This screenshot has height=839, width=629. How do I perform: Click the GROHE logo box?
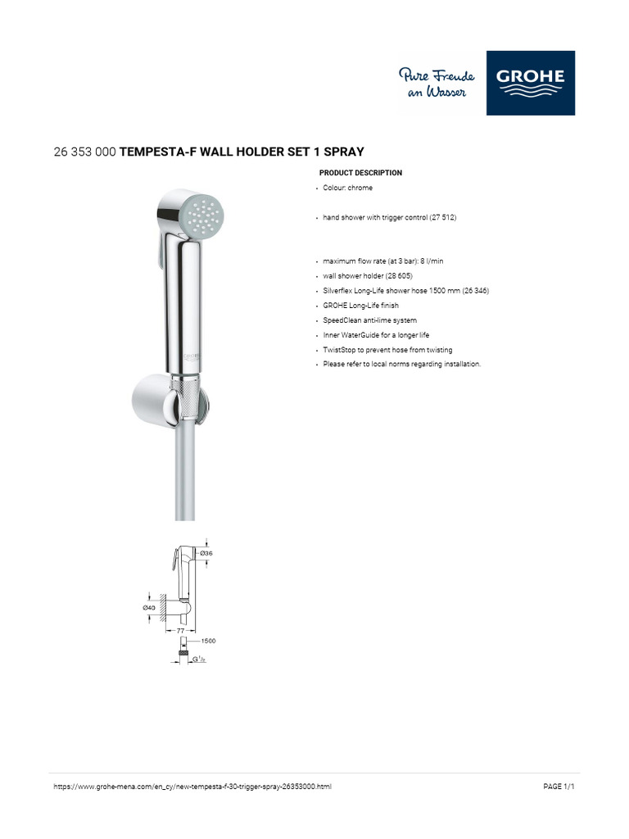click(530, 83)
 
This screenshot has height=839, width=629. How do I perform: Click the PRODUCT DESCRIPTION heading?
click(360, 173)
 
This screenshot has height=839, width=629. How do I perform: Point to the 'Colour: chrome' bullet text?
click(347, 188)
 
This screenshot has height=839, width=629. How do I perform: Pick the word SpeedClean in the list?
click(342, 320)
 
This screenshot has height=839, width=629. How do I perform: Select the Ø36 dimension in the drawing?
click(206, 553)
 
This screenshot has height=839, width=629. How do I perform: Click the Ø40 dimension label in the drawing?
click(149, 607)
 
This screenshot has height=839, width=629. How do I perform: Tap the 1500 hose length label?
click(208, 641)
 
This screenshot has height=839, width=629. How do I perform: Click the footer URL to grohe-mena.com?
click(192, 787)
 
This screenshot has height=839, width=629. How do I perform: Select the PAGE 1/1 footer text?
click(559, 787)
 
